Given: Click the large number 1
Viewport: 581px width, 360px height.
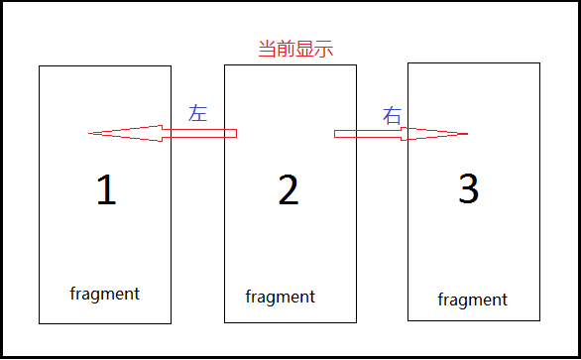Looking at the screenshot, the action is click(x=106, y=190).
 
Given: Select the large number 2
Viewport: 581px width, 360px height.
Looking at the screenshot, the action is click(x=289, y=190).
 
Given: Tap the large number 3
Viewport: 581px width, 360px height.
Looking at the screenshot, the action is click(x=469, y=188).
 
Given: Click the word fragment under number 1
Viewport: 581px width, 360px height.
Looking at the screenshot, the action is click(x=105, y=294).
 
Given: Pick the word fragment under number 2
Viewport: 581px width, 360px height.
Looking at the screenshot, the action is click(x=281, y=297).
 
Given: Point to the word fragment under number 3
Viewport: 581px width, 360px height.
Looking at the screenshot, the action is click(x=473, y=300).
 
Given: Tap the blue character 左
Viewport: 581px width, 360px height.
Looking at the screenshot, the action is click(x=197, y=112).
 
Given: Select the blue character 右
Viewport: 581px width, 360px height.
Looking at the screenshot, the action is click(x=393, y=115).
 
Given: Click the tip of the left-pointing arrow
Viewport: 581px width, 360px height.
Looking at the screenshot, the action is click(x=90, y=133).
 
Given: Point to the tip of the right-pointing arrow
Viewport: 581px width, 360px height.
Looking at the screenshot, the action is click(x=466, y=134).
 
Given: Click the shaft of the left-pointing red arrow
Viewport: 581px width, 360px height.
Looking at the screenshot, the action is click(x=198, y=133).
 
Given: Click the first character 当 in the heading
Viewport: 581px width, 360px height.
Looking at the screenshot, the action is click(x=266, y=50).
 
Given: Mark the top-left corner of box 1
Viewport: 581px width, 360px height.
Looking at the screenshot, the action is click(x=40, y=66).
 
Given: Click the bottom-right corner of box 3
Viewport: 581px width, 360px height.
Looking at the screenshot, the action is click(x=539, y=319).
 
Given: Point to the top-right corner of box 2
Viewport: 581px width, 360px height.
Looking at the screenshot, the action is click(x=356, y=65).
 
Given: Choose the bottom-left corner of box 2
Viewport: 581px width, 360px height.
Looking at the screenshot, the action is click(x=225, y=322).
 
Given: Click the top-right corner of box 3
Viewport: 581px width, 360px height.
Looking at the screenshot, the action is click(x=539, y=63).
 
